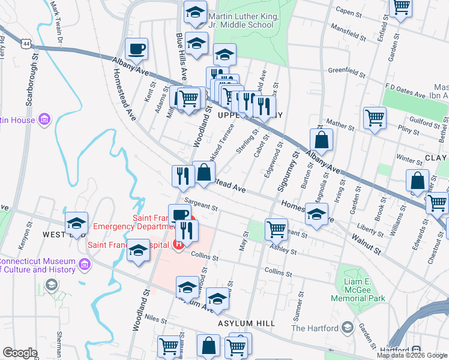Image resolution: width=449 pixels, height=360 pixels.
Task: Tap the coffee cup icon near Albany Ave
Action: tap(136, 49)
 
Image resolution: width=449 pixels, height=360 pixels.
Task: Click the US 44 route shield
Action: tap(26, 44)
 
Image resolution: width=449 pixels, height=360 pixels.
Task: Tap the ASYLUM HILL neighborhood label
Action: tap(247, 323)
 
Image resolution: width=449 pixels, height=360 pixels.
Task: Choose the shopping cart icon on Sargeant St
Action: tap(276, 228)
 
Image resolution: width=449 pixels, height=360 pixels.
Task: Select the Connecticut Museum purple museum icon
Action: tap(84, 265)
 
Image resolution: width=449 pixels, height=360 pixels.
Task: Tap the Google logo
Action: tap(20, 353)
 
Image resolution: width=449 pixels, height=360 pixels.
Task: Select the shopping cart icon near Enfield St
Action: tap(401, 7)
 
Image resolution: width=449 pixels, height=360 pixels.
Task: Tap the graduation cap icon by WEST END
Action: tap(76, 223)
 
